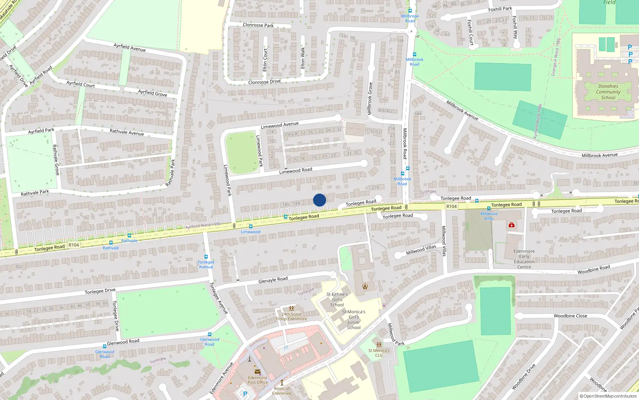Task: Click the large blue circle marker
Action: (319, 200)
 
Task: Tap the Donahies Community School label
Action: (608, 92)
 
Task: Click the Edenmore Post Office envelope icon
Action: (257, 372)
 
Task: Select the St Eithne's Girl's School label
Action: (337, 300)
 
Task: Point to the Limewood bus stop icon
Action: (250, 226)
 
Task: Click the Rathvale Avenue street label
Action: (127, 132)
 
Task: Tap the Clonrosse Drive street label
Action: (264, 82)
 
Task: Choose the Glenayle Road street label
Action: (273, 280)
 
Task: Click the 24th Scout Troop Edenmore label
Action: (292, 316)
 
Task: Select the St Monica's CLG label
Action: (379, 353)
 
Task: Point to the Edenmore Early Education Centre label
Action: (524, 259)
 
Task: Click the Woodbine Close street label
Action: (570, 316)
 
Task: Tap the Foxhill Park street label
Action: (500, 9)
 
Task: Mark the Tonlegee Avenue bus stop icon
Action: (206, 257)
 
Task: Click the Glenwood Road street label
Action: (123, 342)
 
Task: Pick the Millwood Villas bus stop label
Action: (489, 216)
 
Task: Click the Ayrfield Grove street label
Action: (153, 93)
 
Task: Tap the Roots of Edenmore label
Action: (282, 391)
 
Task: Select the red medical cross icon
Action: (511, 225)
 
